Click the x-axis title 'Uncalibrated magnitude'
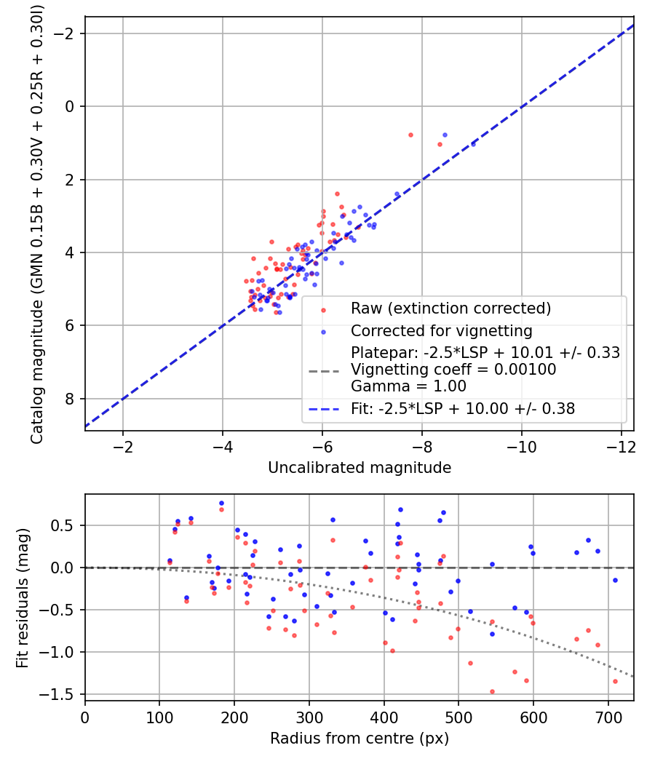coord(360,467)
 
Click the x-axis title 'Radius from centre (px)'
coord(360,739)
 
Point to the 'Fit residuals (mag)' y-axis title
coord(23,597)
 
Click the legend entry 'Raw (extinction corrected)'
coord(450,309)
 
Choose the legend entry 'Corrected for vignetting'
coord(442,331)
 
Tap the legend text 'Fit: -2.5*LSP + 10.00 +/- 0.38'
coord(463,409)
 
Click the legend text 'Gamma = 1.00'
coord(408,386)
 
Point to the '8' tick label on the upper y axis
coord(71,399)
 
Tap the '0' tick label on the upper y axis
coord(71,106)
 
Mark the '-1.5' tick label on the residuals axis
coord(62,694)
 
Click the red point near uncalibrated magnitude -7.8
coord(410,135)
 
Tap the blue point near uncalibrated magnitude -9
coord(473,144)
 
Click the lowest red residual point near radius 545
coord(492,691)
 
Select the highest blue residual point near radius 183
coord(221,503)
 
